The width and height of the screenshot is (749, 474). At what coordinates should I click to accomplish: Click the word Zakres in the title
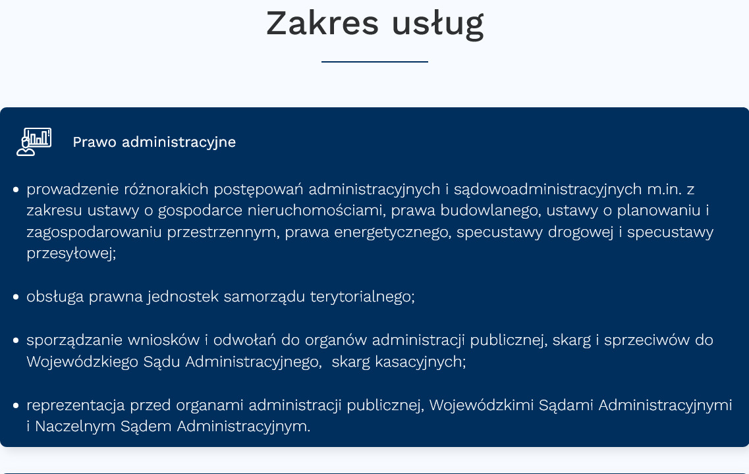[322, 23]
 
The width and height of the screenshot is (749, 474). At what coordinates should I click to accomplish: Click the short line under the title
[374, 62]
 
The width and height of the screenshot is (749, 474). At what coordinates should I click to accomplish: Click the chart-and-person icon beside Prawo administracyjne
[34, 142]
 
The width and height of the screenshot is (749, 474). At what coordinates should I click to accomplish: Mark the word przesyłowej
[71, 253]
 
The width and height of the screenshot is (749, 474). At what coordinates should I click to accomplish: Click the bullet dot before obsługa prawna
[16, 298]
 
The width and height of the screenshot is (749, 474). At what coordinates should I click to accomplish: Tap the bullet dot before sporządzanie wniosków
[16, 341]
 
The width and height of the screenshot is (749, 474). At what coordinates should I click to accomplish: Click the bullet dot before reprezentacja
[16, 406]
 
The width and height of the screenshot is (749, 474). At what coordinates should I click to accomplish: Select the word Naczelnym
[75, 427]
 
